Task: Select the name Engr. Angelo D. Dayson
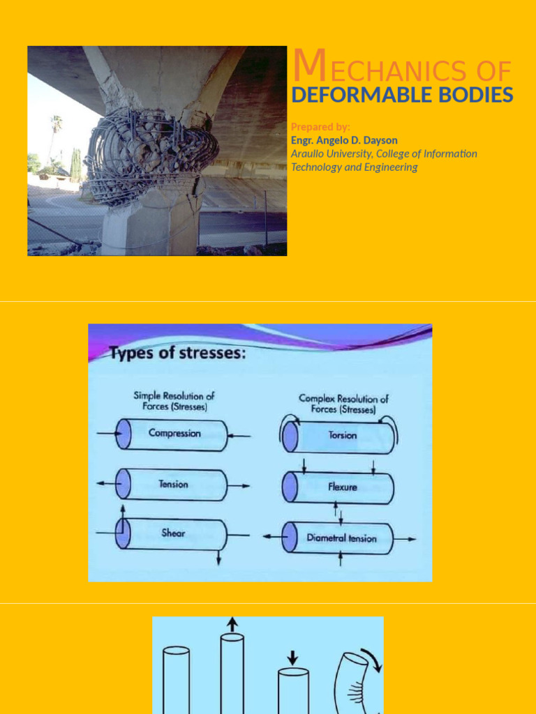point(344,140)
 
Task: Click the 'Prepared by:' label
point(320,127)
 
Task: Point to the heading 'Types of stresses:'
point(178,353)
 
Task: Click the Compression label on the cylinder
point(174,433)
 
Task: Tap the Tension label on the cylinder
point(173,484)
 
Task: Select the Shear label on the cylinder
point(173,533)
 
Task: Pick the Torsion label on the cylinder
point(342,435)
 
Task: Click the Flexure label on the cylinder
point(342,487)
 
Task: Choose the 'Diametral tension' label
point(342,538)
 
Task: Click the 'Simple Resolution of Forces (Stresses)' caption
point(174,401)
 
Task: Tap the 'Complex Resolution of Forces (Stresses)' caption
point(343,404)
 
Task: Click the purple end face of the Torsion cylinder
point(290,438)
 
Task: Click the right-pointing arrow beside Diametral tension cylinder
point(405,539)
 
